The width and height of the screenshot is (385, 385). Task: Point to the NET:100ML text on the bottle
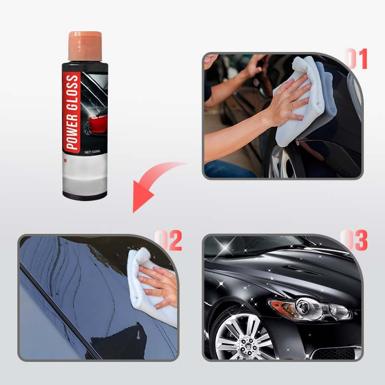[x=92, y=152]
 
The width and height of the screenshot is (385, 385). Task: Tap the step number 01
[x=357, y=59]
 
